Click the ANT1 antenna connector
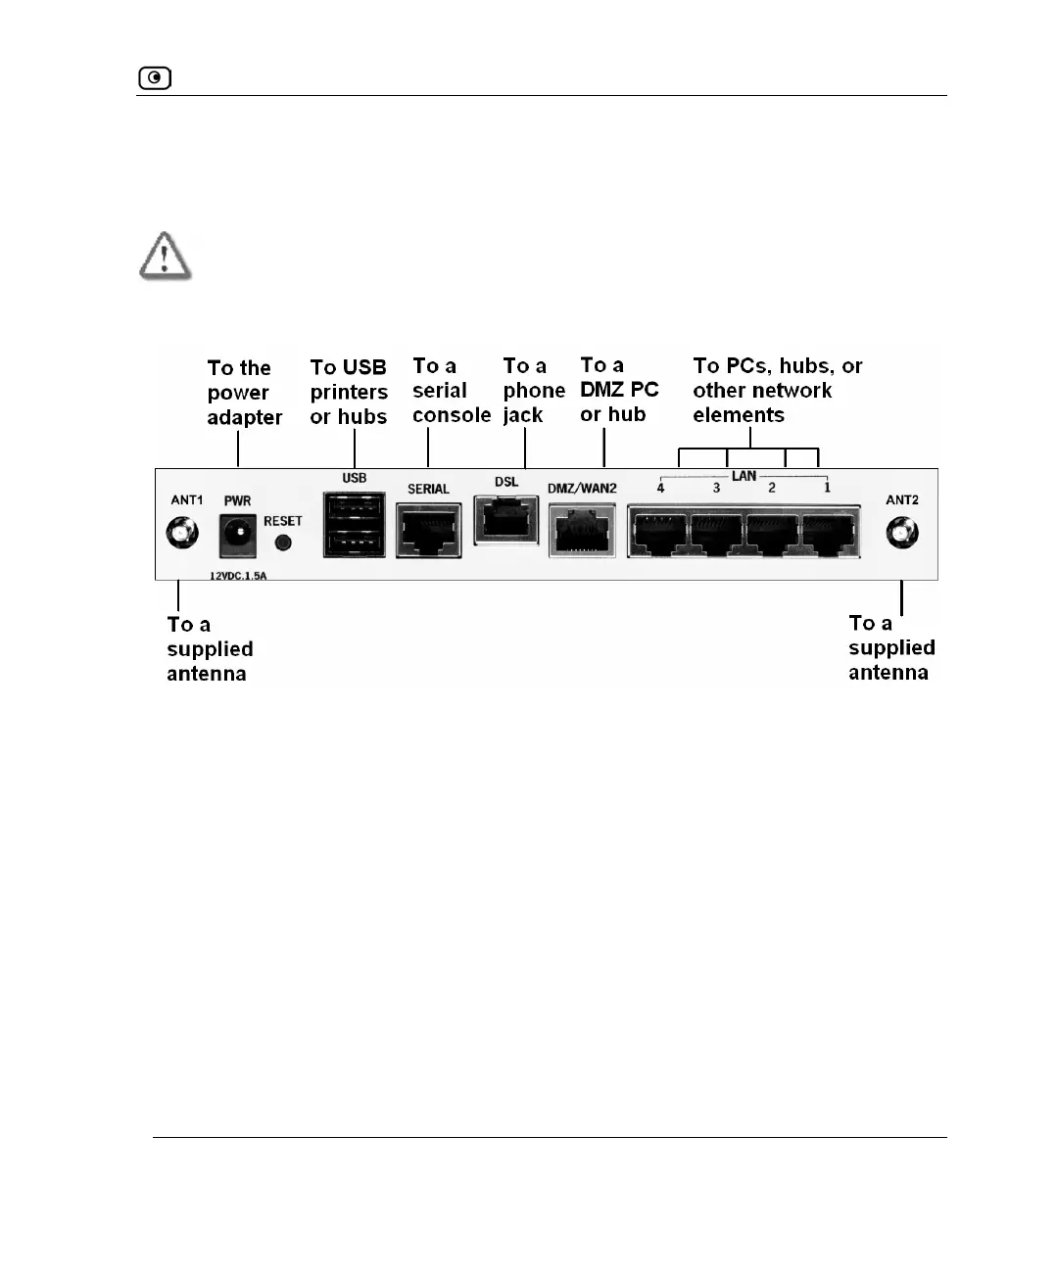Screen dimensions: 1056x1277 181,534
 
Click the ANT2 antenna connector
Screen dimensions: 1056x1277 901,534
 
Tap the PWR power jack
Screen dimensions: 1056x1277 237,535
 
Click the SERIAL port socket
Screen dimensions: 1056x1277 428,531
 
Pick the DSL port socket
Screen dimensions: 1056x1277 505,519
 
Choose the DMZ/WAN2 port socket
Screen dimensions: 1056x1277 582,531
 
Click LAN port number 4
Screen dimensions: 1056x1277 659,532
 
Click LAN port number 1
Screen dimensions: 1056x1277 829,532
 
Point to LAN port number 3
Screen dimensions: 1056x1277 716,532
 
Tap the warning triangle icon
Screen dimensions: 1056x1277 165,256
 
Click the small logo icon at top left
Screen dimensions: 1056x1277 155,77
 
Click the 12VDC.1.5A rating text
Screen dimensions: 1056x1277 238,576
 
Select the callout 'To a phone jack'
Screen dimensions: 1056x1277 533,391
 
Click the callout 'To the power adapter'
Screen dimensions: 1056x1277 243,393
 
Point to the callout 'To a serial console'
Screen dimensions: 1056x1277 451,391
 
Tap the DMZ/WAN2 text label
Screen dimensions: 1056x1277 582,489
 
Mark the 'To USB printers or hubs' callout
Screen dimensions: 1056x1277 349,392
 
